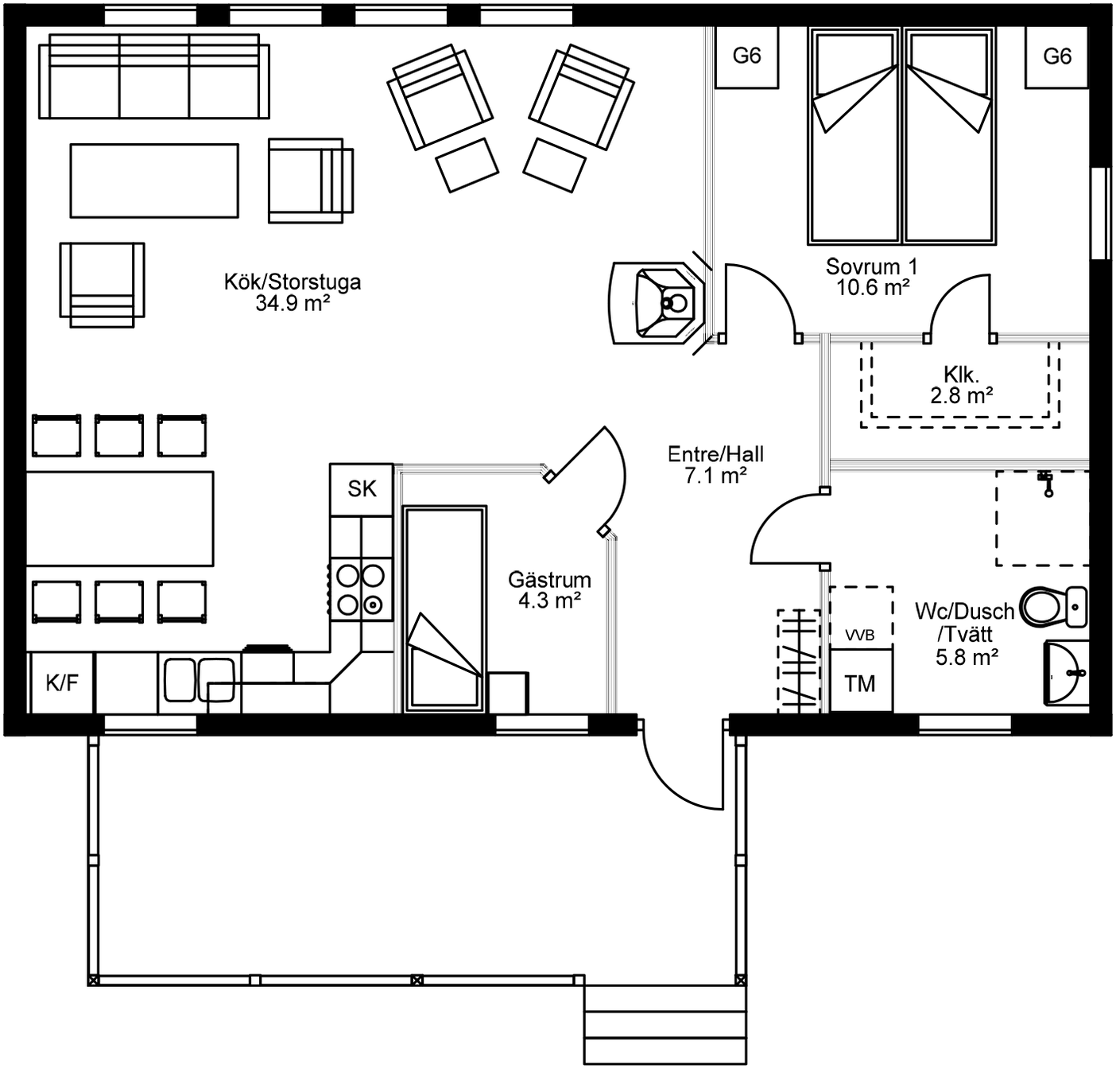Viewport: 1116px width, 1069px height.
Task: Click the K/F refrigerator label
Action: click(61, 682)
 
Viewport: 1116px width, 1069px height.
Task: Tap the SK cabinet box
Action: click(362, 489)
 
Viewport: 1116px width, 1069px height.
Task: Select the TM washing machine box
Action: click(860, 681)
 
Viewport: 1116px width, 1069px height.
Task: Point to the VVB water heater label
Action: click(860, 636)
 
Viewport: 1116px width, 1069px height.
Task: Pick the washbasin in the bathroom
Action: click(1066, 672)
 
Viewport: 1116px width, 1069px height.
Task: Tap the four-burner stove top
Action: click(361, 589)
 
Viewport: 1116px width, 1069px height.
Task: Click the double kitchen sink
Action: click(199, 680)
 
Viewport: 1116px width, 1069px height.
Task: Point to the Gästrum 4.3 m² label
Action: click(549, 590)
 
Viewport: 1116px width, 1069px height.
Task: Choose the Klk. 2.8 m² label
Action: click(961, 384)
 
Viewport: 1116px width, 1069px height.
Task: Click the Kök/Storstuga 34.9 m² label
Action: click(293, 292)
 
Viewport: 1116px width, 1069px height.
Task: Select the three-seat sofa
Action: click(154, 76)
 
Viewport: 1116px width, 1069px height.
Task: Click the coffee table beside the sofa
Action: click(154, 181)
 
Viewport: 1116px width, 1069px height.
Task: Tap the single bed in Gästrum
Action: click(445, 609)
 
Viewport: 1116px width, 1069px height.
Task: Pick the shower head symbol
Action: click(1046, 483)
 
